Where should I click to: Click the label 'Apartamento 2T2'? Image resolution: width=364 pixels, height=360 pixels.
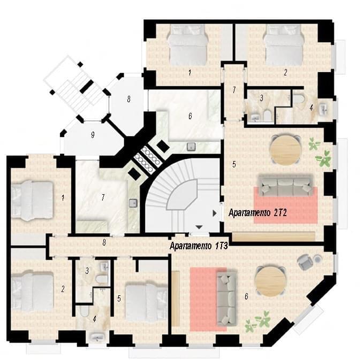pos(257,212)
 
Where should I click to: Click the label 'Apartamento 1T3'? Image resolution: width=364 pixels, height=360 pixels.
pos(199,246)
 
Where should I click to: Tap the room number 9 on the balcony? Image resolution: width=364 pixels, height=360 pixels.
pos(93,135)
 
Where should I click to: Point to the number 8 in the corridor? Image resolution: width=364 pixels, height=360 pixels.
pos(104,242)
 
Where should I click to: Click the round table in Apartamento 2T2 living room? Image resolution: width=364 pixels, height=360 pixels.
pos(285,149)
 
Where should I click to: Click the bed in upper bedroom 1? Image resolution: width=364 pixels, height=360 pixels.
pos(188,45)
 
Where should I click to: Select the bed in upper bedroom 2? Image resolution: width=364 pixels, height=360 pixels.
pos(284,45)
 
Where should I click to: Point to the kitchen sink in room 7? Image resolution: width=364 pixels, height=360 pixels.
pos(133,203)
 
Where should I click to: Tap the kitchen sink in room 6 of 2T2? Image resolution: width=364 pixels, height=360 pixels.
pos(191,147)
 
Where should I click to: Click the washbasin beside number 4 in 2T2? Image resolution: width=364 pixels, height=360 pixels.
pos(323,109)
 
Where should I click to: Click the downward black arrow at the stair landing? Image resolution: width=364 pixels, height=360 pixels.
pos(199,227)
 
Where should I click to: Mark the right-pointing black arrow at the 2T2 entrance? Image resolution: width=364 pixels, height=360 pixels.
pos(215,213)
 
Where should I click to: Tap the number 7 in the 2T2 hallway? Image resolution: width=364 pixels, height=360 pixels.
pos(234,90)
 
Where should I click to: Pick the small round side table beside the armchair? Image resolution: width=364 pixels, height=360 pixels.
pos(317,259)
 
